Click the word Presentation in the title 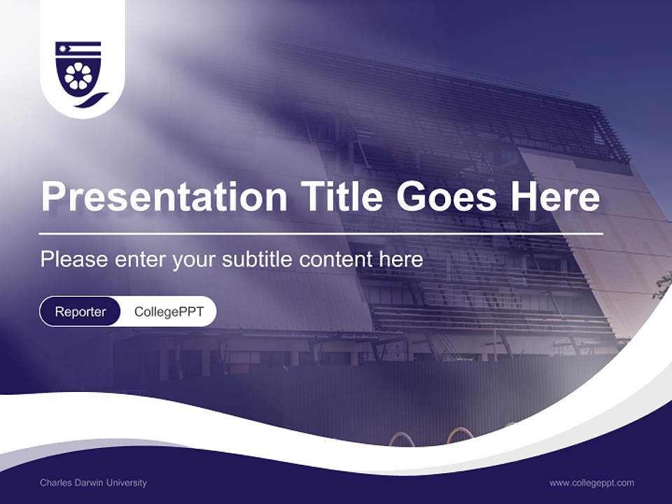pos(164,196)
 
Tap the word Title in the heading pos(341,195)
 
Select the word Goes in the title pos(447,196)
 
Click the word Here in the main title pos(555,196)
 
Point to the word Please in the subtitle pos(74,259)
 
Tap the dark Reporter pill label pos(80,311)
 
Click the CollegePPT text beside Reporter pos(169,311)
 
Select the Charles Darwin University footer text pos(93,482)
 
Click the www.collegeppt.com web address pos(592,483)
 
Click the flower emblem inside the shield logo pos(78,76)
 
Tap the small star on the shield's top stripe pos(63,48)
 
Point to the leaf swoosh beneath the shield pos(92,100)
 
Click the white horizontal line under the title pos(321,234)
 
